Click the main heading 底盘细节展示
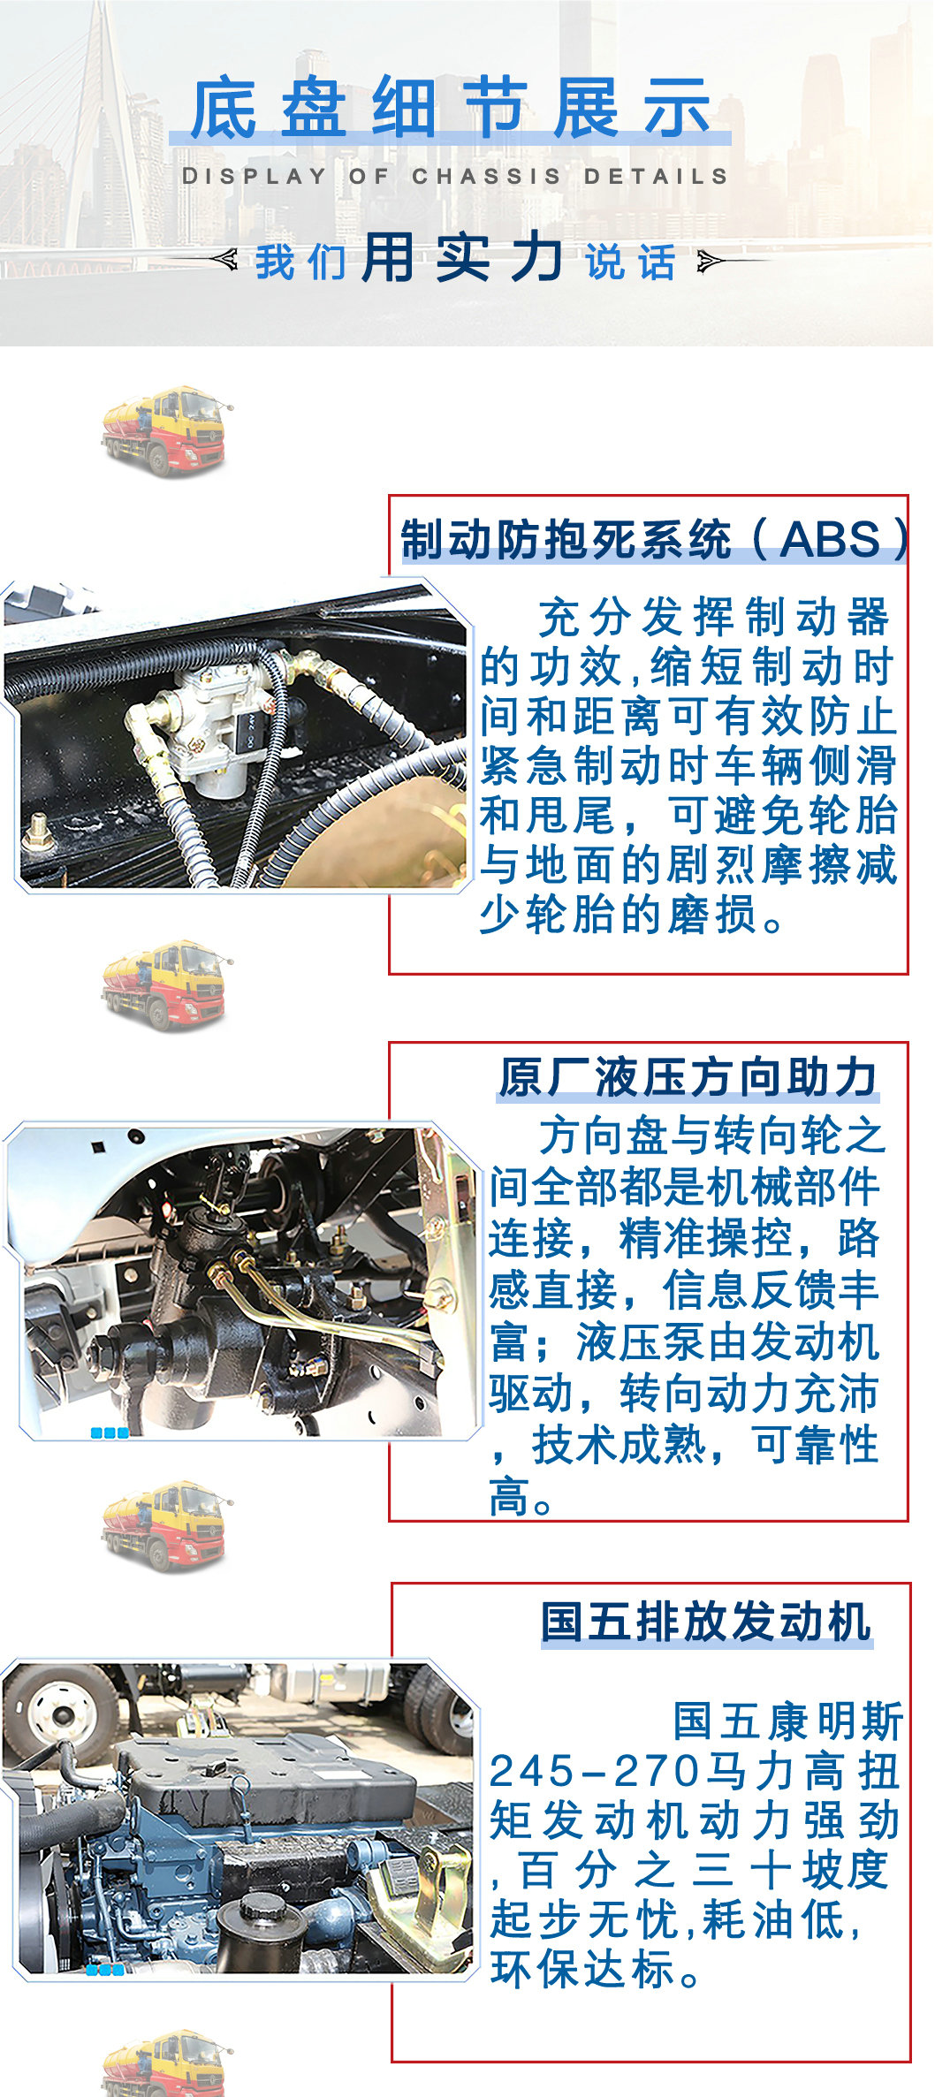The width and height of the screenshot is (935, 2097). (x=451, y=108)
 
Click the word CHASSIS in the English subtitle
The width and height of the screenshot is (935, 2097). (x=486, y=176)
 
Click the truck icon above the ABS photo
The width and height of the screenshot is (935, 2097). (x=166, y=430)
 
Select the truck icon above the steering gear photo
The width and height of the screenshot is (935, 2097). (x=166, y=984)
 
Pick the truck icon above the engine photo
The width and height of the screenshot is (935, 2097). (x=166, y=1526)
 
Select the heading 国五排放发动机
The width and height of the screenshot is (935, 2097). (x=706, y=1622)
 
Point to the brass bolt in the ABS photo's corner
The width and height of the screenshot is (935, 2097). (x=37, y=830)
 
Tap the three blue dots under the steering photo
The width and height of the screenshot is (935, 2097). (x=110, y=1432)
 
